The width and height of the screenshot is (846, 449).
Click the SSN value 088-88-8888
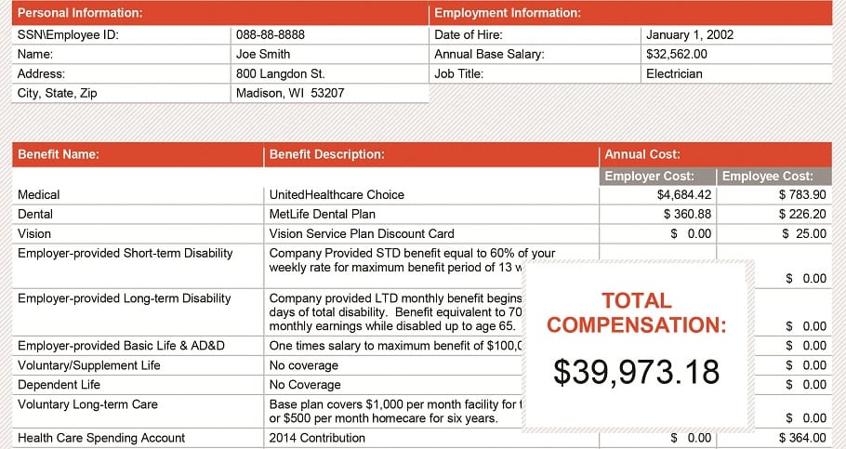pos(271,34)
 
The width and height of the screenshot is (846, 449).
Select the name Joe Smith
pos(263,54)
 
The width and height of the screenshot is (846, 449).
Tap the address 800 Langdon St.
pos(280,73)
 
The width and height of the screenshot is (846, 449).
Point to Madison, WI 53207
pos(290,93)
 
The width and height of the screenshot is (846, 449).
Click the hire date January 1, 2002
pos(690,34)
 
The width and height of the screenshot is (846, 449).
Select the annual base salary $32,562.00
pos(677,54)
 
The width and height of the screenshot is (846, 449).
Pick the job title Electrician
pos(674,73)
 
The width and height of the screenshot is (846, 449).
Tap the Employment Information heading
pos(508,13)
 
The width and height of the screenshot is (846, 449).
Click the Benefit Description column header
pos(326,154)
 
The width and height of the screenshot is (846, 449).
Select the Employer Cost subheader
pos(658,176)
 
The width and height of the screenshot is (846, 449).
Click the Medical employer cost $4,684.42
pos(684,194)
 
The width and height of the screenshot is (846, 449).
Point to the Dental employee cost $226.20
pos(802,214)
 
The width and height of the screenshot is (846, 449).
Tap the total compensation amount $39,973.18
pos(637,372)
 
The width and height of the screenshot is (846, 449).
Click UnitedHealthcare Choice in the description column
pos(337,194)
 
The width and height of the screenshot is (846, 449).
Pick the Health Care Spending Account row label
pos(101,438)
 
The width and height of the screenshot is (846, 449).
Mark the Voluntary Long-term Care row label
pos(87,404)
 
